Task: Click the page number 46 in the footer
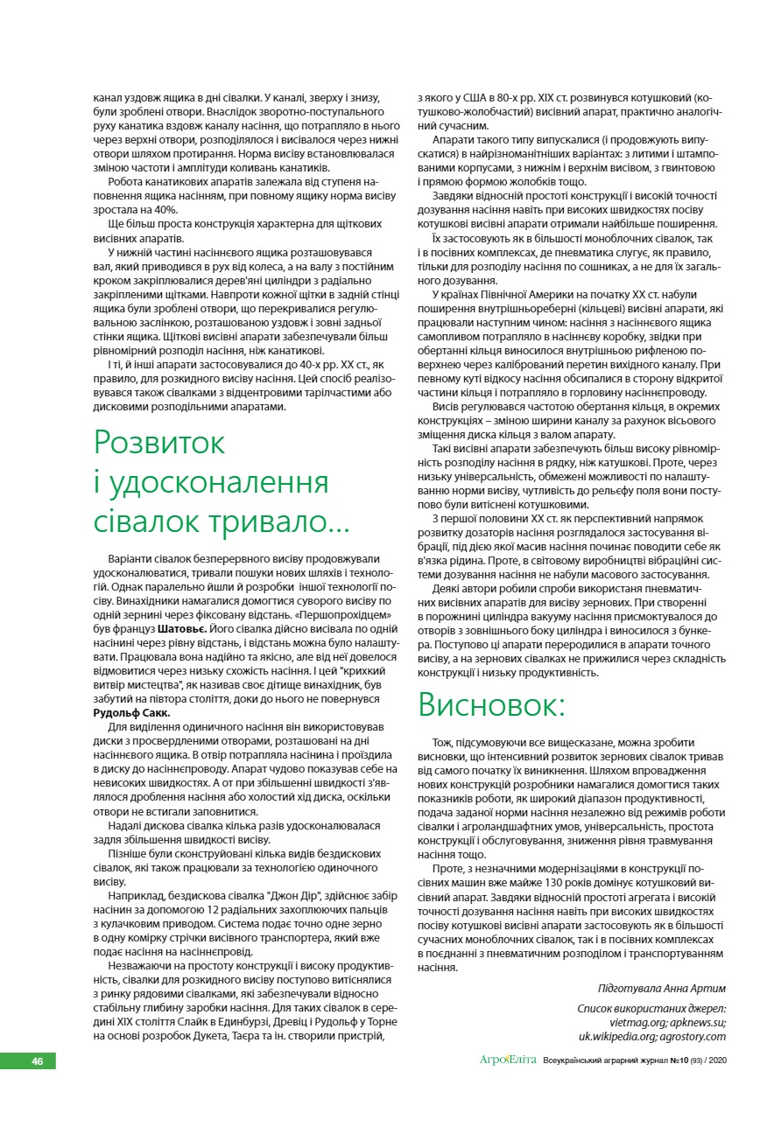(38, 1061)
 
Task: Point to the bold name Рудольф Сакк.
(131, 712)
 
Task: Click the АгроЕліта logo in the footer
(508, 1060)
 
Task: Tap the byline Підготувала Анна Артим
(661, 988)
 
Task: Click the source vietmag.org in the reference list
(639, 1021)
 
